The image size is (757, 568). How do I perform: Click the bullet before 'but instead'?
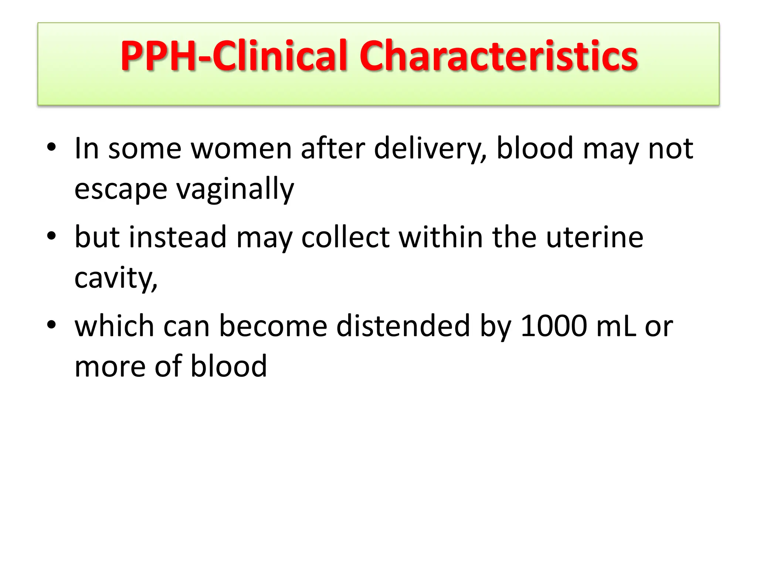tap(51, 236)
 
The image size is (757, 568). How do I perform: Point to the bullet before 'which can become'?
tap(51, 325)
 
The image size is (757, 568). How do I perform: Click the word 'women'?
tap(241, 149)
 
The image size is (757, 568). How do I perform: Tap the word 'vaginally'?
tap(235, 189)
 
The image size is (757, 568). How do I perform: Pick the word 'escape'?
tap(121, 189)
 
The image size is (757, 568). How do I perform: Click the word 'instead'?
tap(177, 237)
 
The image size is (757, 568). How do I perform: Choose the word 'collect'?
tap(345, 237)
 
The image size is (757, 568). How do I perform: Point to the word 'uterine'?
tap(595, 237)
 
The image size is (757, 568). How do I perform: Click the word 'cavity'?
tap(115, 278)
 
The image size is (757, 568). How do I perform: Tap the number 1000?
tap(553, 326)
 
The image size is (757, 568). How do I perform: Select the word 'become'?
tap(273, 326)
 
